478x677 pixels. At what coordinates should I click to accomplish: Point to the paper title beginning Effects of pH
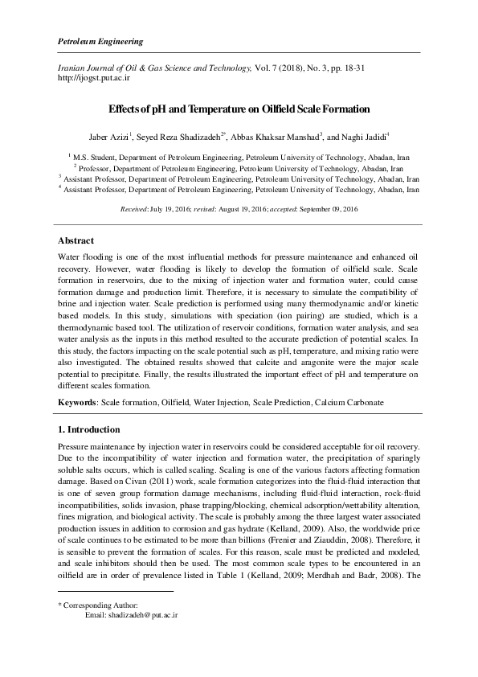(239, 107)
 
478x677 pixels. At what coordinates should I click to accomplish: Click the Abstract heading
(76, 240)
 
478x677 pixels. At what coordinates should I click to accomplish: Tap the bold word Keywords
(79, 401)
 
